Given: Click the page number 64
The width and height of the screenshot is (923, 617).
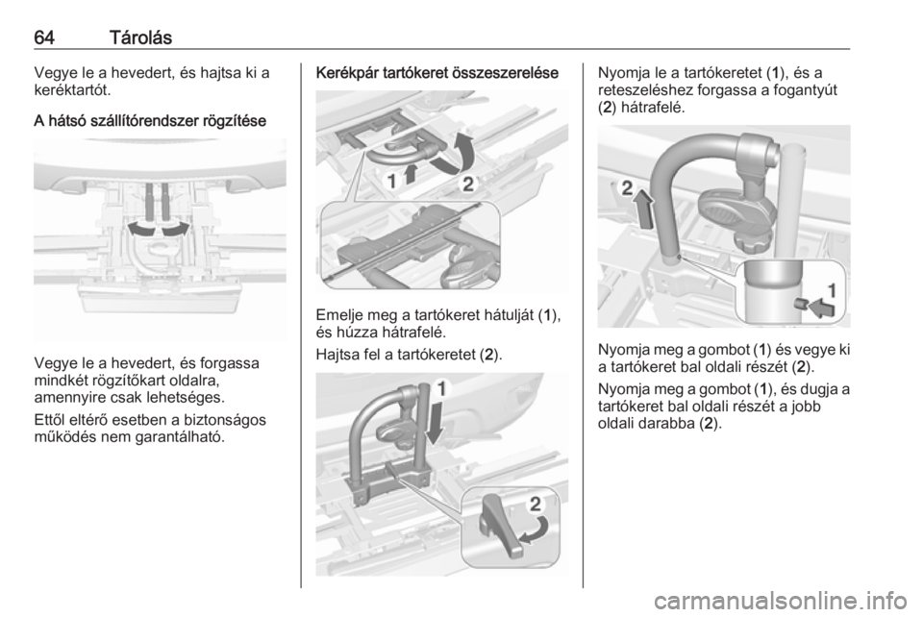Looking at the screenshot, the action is [x=44, y=37].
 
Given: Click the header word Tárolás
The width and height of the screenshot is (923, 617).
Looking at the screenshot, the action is [x=140, y=37].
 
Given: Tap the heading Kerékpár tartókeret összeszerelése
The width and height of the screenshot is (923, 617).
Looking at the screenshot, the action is [x=437, y=73].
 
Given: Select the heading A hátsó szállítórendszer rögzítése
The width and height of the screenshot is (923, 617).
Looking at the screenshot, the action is [x=150, y=121].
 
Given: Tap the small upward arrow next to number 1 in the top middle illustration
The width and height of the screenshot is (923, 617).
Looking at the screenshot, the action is [x=412, y=174].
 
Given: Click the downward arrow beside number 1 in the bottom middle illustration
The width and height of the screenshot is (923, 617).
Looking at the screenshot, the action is [x=436, y=422].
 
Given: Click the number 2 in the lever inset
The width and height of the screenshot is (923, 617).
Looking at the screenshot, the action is [x=536, y=504].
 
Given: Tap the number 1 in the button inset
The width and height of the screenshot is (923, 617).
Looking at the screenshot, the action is [x=832, y=290].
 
